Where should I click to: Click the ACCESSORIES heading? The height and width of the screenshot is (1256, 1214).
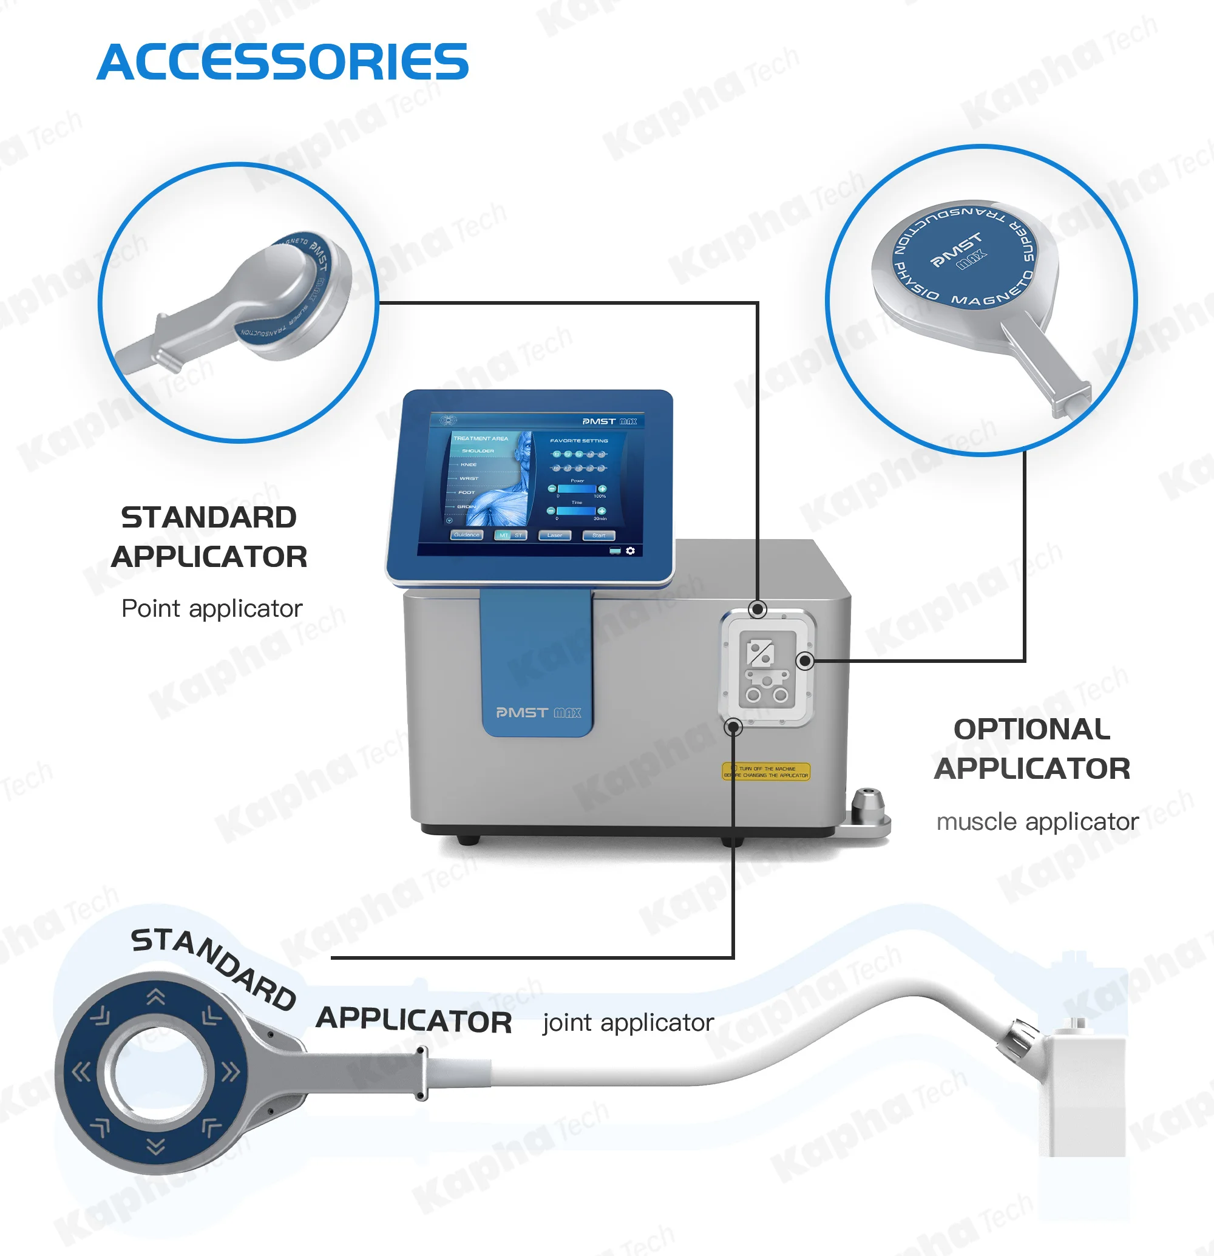coord(282,62)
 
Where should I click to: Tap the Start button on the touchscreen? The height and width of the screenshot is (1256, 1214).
coord(599,535)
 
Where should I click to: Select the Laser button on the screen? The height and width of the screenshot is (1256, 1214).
coord(554,535)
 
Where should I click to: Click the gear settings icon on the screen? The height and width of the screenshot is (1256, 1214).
coord(631,551)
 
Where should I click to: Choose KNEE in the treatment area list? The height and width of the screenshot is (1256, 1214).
coord(469,464)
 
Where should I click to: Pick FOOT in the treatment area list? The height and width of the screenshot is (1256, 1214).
coord(466,492)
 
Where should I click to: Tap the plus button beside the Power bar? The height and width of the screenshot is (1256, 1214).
coord(602,489)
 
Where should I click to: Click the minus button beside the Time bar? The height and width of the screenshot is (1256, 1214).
coord(551,511)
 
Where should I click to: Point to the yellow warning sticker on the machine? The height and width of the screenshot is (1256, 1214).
coord(766,772)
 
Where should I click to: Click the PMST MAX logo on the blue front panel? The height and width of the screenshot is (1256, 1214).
coord(538,713)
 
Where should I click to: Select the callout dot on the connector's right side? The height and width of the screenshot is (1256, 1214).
coord(805,660)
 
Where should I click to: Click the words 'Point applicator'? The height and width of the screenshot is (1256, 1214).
coord(211,608)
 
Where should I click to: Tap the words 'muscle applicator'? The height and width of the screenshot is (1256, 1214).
coord(1037,821)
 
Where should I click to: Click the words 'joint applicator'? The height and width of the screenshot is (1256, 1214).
coord(628,1022)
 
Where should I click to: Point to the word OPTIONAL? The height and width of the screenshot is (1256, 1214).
coord(1031,729)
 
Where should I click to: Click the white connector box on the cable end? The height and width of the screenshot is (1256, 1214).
coord(1082,1090)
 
